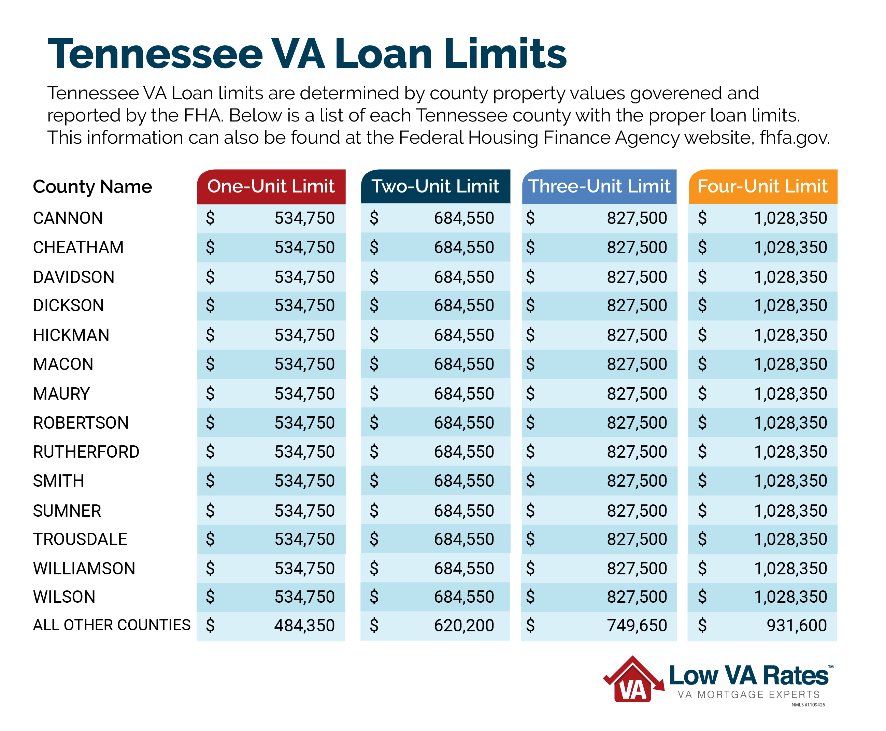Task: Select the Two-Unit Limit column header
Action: click(x=435, y=187)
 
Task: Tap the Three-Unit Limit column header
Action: click(x=599, y=187)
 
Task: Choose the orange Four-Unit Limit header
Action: click(x=762, y=187)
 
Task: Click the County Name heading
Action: click(x=92, y=187)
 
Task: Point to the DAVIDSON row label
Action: click(x=74, y=277)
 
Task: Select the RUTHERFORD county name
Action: click(x=86, y=452)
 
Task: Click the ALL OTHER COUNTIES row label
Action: click(x=112, y=625)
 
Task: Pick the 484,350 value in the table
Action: click(x=304, y=625)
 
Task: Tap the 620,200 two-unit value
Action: click(x=463, y=625)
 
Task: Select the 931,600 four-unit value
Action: click(x=796, y=625)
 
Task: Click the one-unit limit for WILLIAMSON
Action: click(x=304, y=569)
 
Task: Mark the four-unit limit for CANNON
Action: click(x=790, y=218)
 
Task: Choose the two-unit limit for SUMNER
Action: click(x=463, y=511)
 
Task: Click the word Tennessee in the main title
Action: click(x=155, y=54)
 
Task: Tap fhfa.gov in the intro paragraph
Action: click(x=794, y=138)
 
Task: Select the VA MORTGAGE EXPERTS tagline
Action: click(x=748, y=694)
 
